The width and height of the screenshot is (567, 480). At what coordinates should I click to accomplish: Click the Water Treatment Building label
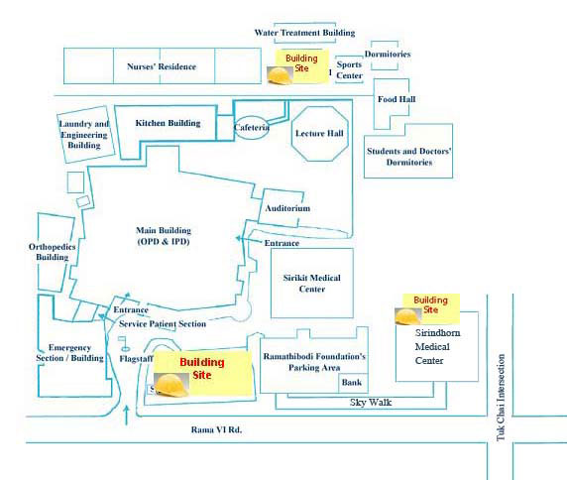(304, 33)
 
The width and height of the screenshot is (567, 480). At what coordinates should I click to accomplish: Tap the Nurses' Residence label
(162, 66)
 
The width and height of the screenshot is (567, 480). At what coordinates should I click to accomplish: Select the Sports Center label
(349, 69)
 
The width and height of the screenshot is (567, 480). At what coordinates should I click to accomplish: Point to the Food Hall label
(397, 99)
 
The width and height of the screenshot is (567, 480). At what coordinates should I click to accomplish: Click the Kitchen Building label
(168, 123)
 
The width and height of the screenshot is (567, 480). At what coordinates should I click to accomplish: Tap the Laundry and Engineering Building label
(84, 135)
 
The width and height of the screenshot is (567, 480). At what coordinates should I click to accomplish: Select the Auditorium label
(287, 208)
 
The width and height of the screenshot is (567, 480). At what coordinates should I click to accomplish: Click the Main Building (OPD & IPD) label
(164, 236)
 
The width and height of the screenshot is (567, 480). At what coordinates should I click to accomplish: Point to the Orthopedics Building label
(53, 252)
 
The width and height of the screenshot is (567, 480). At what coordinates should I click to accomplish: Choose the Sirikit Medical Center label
(311, 284)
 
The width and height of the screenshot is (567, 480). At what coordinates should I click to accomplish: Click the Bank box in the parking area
(353, 383)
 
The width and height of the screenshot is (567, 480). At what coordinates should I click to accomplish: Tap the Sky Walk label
(371, 403)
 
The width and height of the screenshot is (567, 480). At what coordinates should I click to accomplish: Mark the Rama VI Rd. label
(216, 429)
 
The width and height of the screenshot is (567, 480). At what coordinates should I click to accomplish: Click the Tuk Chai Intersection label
(501, 397)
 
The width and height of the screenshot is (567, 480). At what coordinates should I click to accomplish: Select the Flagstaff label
(137, 359)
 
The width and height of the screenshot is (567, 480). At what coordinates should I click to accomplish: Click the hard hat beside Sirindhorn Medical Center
(407, 316)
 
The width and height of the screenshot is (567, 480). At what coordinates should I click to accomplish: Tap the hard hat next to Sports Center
(280, 75)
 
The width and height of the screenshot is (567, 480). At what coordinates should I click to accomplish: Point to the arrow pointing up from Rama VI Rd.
(126, 416)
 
